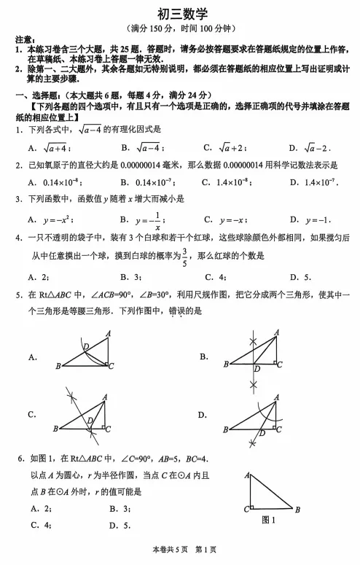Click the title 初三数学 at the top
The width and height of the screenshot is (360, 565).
181,14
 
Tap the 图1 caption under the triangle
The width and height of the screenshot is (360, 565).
267,520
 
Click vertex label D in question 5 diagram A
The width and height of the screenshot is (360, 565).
85,345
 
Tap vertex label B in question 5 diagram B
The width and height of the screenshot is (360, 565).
226,364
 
